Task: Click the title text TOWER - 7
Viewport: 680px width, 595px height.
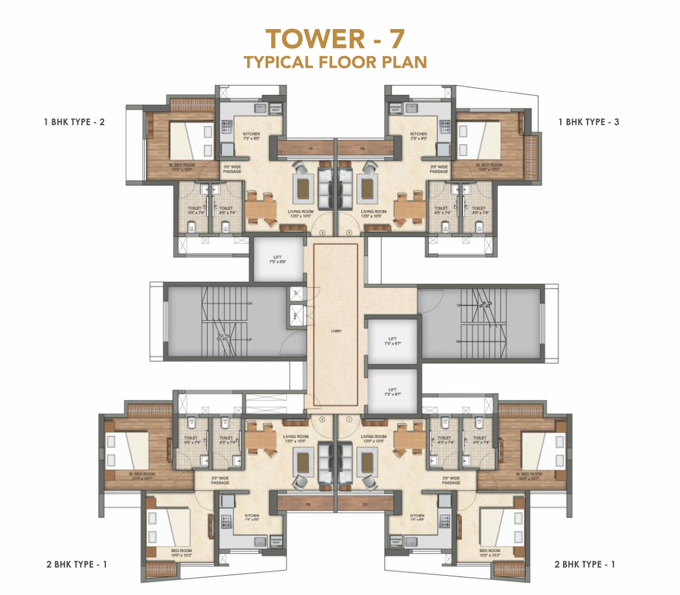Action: (335, 39)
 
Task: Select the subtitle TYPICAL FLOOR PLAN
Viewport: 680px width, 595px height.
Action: (335, 62)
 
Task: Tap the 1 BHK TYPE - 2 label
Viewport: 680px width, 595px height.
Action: (74, 122)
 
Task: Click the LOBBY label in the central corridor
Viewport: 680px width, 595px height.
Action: (336, 331)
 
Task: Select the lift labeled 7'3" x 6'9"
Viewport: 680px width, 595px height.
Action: (277, 259)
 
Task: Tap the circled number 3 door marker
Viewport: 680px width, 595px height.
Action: (322, 232)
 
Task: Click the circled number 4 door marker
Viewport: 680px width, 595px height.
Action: (349, 232)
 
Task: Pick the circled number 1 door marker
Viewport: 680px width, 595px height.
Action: (349, 418)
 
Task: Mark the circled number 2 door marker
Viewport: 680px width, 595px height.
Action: (322, 418)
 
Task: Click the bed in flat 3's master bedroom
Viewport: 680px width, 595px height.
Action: (190, 140)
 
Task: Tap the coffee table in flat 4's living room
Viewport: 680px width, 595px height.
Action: (368, 187)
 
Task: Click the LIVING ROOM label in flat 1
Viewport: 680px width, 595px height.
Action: (373, 438)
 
